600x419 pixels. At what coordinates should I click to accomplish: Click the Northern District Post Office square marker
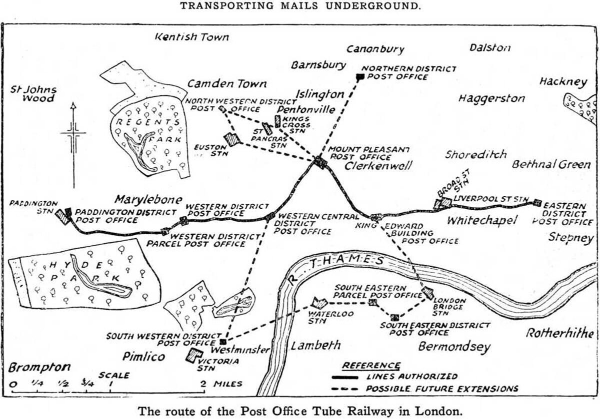(x=359, y=77)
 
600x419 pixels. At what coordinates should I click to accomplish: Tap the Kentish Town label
(x=191, y=37)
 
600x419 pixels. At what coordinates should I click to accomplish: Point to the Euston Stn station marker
(x=232, y=139)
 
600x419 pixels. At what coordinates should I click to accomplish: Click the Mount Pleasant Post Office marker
(x=320, y=161)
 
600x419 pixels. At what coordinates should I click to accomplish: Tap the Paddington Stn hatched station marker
(x=62, y=217)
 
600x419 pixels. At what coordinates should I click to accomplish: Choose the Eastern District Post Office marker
(x=537, y=202)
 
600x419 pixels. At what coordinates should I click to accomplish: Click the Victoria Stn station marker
(x=193, y=355)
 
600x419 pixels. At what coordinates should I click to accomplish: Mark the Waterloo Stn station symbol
(x=318, y=302)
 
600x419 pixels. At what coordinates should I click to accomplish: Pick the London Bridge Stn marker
(x=427, y=293)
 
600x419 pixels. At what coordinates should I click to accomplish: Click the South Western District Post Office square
(x=223, y=342)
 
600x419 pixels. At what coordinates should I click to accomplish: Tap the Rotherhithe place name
(x=559, y=334)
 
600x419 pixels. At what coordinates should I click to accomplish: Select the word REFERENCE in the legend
(x=371, y=366)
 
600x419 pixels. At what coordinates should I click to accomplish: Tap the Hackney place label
(x=562, y=82)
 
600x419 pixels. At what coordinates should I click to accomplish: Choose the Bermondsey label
(x=454, y=347)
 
